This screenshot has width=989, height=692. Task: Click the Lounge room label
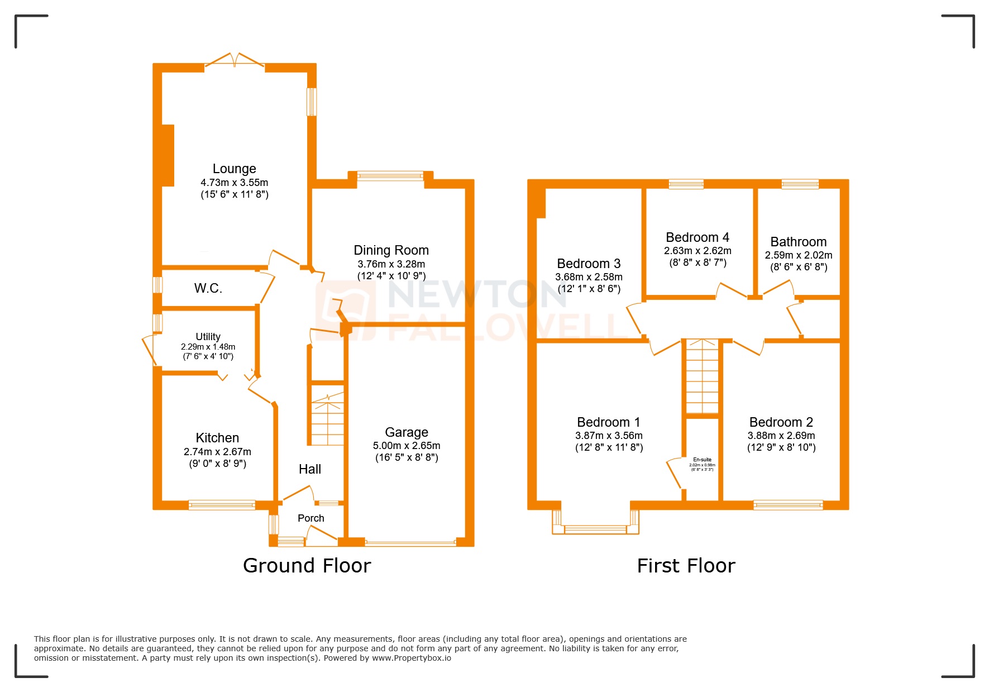click(234, 169)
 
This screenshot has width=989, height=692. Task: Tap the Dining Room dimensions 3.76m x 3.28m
click(391, 264)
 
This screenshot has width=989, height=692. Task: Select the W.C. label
click(208, 288)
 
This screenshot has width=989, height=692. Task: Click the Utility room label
click(208, 337)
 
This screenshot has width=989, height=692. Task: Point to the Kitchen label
click(217, 438)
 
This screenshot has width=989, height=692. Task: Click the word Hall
click(310, 469)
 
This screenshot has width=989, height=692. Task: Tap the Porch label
click(311, 518)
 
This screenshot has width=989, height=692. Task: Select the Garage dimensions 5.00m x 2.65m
click(407, 446)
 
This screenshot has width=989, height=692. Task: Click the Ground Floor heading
click(307, 566)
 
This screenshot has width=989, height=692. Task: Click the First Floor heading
click(686, 566)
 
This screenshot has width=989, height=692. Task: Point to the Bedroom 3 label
click(589, 264)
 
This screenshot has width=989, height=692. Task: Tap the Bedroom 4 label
click(697, 237)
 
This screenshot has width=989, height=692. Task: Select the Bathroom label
click(798, 242)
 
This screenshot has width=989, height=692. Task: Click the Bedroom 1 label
click(609, 422)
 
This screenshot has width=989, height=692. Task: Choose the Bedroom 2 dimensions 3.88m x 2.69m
click(781, 436)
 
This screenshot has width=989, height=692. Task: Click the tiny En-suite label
click(702, 460)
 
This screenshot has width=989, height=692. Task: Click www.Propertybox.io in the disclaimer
click(412, 658)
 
